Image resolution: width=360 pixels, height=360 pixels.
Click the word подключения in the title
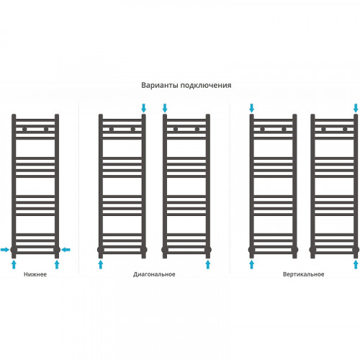(x=206, y=86)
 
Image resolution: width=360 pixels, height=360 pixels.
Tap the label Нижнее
(x=35, y=274)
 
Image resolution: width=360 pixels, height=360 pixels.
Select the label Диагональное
(x=154, y=274)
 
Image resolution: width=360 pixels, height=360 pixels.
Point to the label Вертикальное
(x=304, y=274)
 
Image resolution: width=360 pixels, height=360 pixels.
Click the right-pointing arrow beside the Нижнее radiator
(x=5, y=250)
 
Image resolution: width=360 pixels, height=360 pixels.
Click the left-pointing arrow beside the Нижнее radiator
(x=66, y=250)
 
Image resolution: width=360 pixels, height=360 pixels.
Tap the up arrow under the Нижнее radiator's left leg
(x=14, y=264)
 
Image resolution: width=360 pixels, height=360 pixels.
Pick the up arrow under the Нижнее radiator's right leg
(x=57, y=264)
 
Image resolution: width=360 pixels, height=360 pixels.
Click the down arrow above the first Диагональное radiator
(x=143, y=108)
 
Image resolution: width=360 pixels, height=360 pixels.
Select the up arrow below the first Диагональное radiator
(x=101, y=264)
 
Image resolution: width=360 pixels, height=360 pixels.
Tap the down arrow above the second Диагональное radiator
(x=165, y=108)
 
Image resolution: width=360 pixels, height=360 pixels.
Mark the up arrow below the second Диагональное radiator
(x=208, y=264)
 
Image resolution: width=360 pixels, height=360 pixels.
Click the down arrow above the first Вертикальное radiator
(x=251, y=108)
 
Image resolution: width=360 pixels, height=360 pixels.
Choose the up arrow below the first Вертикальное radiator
(x=251, y=264)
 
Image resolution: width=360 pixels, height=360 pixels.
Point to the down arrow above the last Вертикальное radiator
(x=356, y=108)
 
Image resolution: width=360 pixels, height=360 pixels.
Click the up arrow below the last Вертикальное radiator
(x=356, y=264)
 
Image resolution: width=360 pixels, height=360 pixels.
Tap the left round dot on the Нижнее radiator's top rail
(x=24, y=130)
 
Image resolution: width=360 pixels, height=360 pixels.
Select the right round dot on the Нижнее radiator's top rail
(x=46, y=130)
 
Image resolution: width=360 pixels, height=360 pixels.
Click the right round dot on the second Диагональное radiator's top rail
(x=197, y=130)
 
